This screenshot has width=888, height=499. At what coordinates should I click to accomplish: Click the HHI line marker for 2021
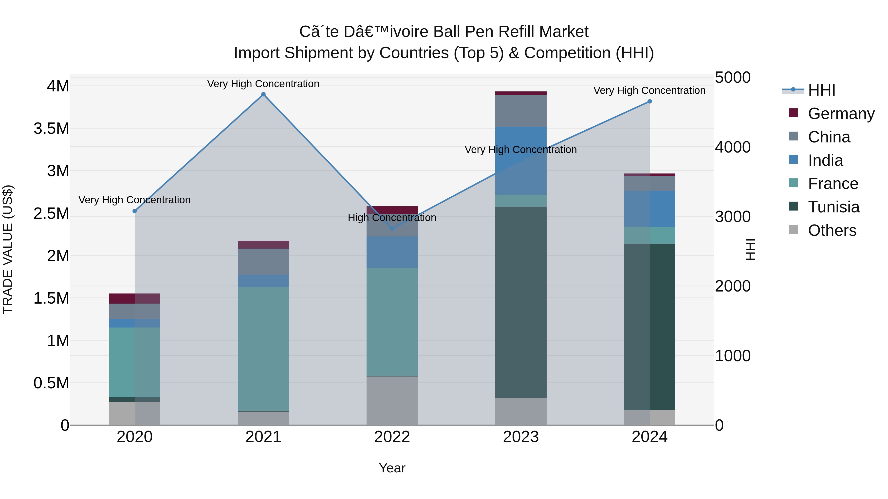point(263,94)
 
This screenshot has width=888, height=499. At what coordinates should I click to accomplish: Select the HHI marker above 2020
point(135,211)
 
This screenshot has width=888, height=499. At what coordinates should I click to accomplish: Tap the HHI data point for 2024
point(649,102)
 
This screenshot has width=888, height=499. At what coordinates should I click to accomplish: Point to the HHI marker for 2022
point(392,229)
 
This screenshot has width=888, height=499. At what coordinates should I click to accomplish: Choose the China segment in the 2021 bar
point(263,261)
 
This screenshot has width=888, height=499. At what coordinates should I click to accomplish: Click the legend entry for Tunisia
point(833,207)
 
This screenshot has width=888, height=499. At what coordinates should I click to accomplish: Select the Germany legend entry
point(841,114)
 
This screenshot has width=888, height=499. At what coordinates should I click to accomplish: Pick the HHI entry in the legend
point(821,90)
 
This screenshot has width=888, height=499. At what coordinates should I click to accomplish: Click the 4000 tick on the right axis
point(733,147)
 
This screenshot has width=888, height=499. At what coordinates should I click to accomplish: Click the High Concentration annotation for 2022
point(392,218)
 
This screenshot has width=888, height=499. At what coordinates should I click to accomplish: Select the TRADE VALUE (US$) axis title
point(8,249)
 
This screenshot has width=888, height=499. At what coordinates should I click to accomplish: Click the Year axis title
point(392,468)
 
